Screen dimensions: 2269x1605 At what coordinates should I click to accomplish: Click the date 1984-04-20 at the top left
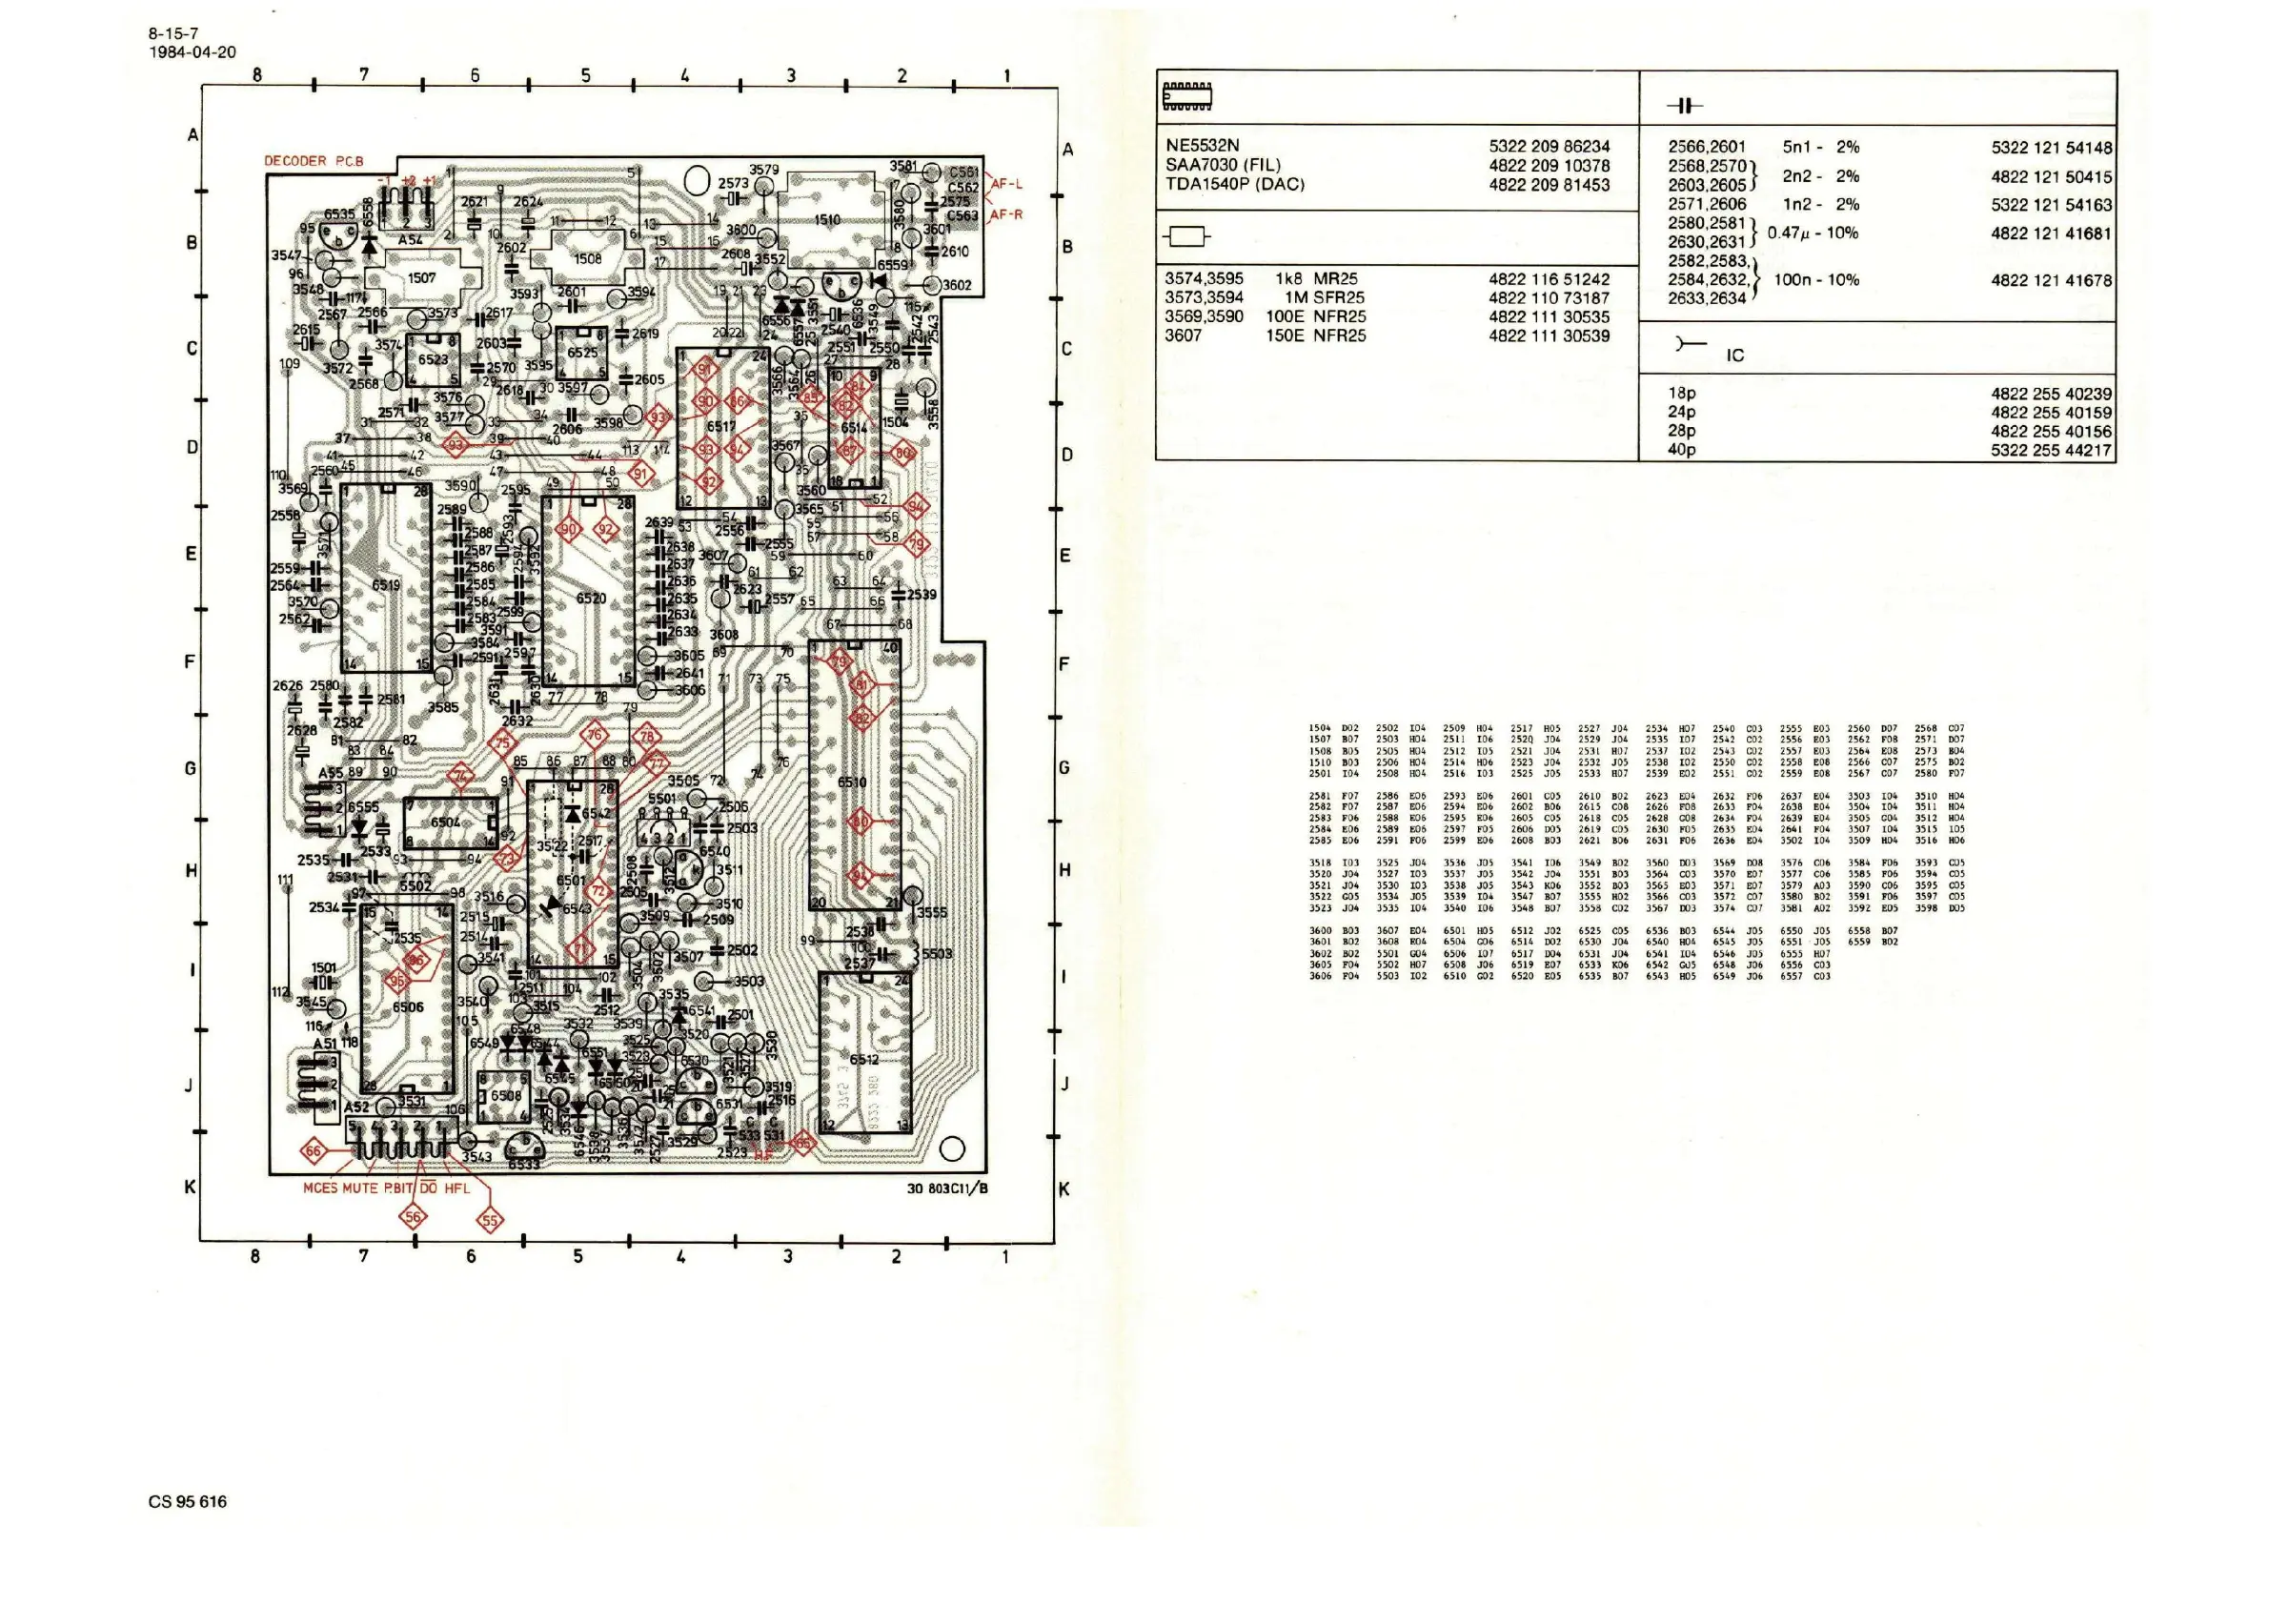tap(192, 52)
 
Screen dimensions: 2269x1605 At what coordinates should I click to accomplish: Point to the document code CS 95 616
tap(188, 1501)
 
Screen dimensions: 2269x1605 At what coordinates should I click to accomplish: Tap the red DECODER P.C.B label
tap(314, 161)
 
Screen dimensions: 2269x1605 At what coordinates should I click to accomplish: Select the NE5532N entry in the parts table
tap(1202, 146)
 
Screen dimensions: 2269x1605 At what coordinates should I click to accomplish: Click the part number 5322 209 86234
tap(1549, 146)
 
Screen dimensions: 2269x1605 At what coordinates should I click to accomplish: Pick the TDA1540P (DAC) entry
tap(1234, 185)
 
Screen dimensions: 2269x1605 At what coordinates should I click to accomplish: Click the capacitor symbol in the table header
tap(1684, 106)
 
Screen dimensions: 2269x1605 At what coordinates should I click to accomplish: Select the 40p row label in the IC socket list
tap(1681, 450)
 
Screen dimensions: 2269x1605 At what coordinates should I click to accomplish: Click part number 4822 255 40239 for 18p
tap(2051, 394)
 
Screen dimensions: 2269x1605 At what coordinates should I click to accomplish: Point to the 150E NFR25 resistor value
tap(1315, 336)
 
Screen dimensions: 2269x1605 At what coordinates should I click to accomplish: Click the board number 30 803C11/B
tap(946, 1189)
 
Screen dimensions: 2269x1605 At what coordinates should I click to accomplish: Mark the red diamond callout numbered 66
tap(314, 1151)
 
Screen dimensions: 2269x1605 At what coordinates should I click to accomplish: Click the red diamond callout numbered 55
tap(490, 1222)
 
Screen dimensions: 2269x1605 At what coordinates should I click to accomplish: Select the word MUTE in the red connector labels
tap(359, 1189)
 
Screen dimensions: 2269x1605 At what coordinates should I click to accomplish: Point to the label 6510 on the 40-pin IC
tap(852, 782)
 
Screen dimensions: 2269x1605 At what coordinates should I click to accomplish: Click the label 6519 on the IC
tap(385, 585)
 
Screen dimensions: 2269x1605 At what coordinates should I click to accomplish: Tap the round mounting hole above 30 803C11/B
tap(952, 1149)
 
